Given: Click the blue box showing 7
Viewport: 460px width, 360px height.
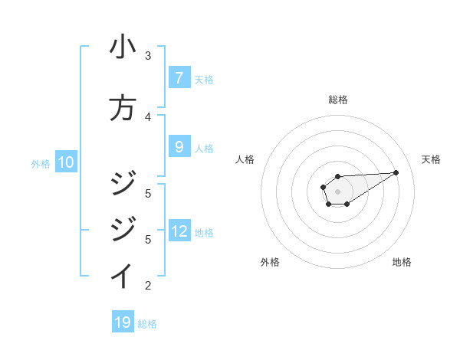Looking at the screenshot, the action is click(179, 78).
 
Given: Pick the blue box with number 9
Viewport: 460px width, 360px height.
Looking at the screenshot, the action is click(179, 147).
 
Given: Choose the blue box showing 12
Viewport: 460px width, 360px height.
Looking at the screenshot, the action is click(179, 231).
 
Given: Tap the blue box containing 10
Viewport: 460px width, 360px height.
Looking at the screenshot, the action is click(66, 162).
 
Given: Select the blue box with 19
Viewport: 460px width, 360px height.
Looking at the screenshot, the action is click(123, 322).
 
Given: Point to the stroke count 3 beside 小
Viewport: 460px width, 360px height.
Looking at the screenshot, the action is click(148, 56).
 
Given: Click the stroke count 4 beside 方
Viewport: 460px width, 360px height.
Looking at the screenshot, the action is click(148, 116).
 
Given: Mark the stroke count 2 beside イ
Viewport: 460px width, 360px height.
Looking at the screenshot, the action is click(148, 286).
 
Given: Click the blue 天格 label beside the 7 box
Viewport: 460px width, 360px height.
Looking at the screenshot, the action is click(204, 79).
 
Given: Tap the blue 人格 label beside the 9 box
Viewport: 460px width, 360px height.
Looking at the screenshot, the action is click(204, 148).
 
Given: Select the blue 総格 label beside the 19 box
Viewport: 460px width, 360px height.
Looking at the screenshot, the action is click(147, 323).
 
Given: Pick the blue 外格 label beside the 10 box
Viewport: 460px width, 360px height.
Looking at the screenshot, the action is click(41, 163).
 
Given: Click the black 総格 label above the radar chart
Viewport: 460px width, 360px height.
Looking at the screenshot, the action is click(337, 100).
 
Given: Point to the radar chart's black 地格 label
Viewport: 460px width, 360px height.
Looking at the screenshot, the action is click(402, 262).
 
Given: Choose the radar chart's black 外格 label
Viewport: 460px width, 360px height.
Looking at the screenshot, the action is click(270, 262).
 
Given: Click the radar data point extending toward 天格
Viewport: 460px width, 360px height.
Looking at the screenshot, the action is click(396, 172).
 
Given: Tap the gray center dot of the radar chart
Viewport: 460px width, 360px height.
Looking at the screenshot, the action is click(337, 191).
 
